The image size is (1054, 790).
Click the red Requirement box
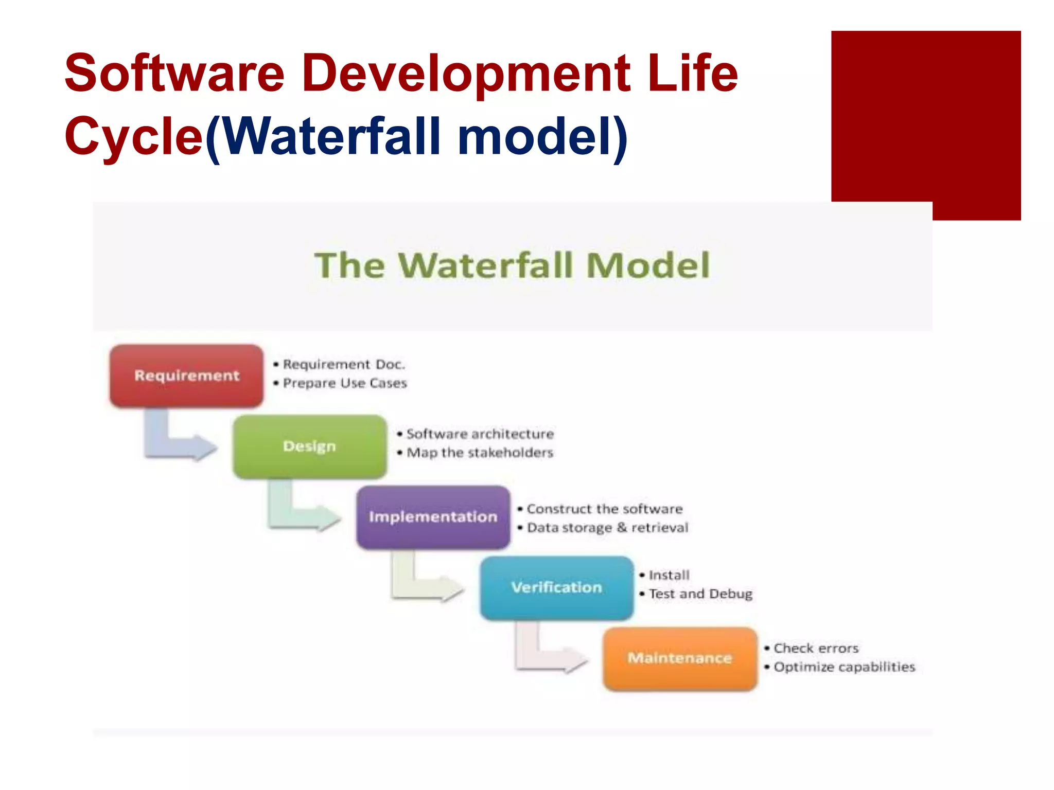186,375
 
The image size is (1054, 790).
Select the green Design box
309,446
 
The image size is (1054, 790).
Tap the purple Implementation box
433,516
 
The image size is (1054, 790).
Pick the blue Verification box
556,587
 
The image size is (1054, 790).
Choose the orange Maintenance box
680,658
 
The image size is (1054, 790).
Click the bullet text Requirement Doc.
344,365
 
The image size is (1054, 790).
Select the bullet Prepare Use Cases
344,383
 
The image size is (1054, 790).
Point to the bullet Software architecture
480,434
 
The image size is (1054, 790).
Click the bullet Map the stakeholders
480,453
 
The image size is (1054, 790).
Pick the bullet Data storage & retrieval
607,528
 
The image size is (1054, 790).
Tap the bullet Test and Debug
700,594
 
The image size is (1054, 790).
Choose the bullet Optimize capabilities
844,667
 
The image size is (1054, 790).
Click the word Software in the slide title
174,73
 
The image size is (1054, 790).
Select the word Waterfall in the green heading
485,265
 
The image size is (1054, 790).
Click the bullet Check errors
816,648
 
